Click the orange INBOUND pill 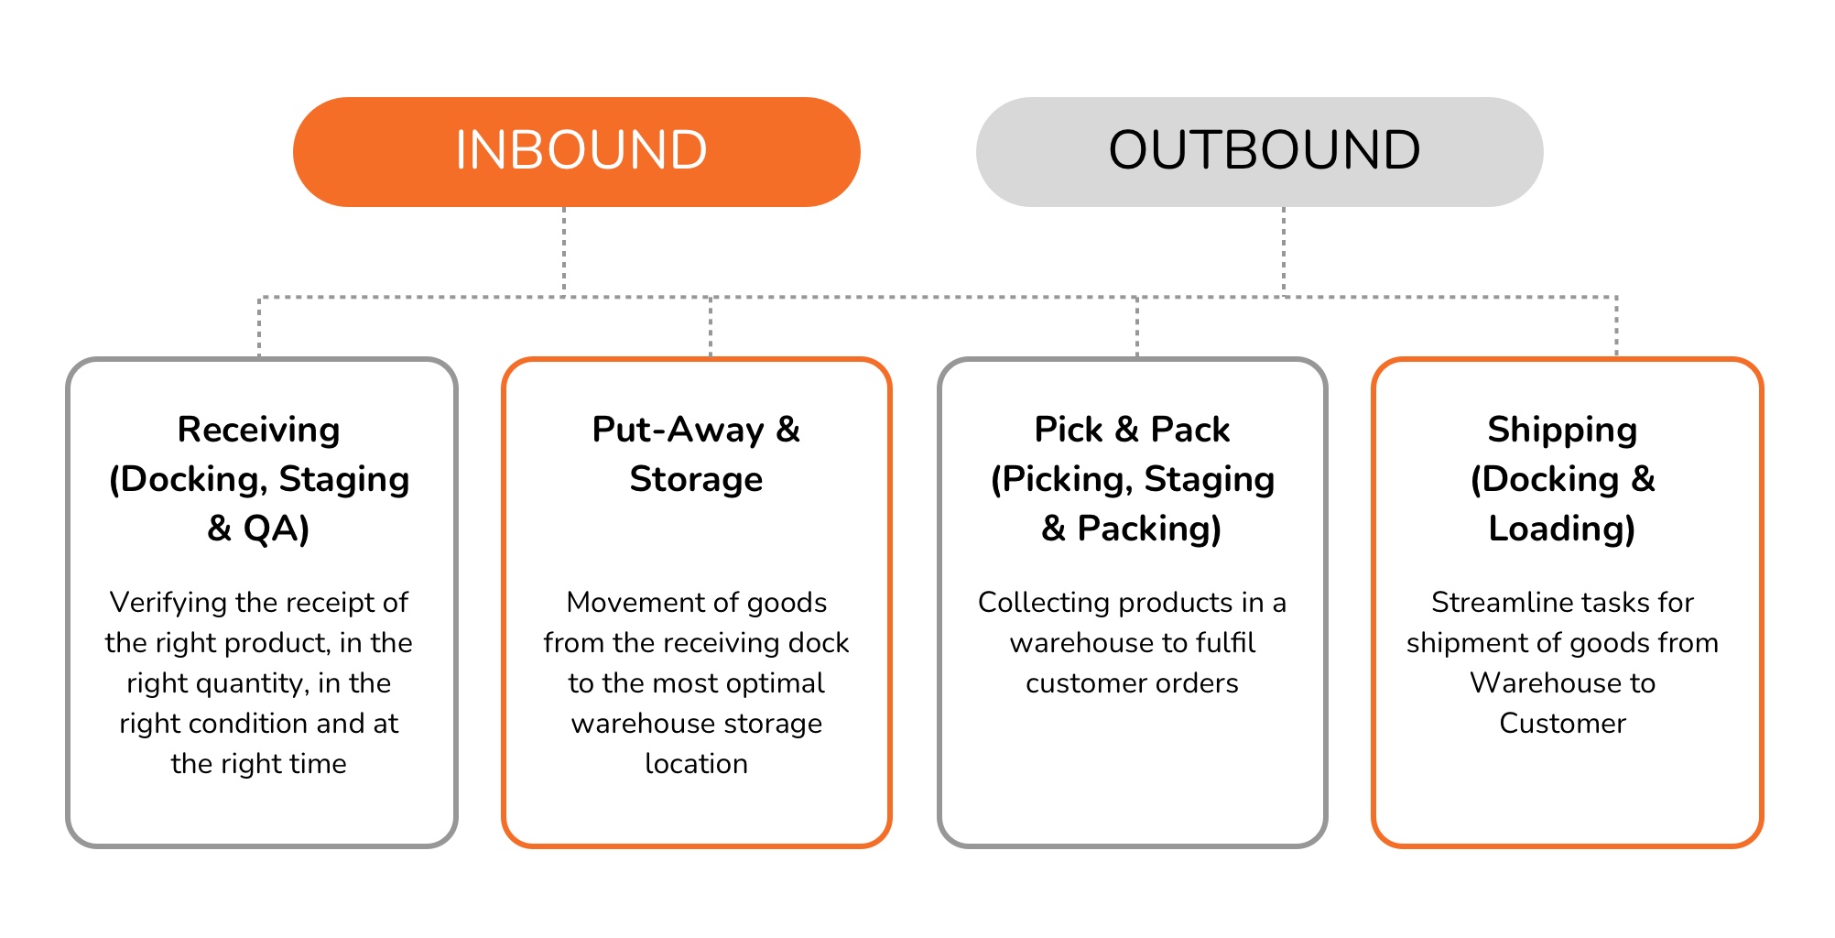[x=576, y=152]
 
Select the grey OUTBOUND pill [x=1259, y=152]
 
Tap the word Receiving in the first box [x=258, y=430]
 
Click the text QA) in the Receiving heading [x=276, y=529]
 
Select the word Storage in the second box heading [x=696, y=479]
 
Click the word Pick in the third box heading [x=1068, y=430]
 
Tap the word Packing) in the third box [x=1149, y=529]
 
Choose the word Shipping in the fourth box [x=1562, y=430]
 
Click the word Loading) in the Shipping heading [x=1562, y=529]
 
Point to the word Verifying [x=168, y=602]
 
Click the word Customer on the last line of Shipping [x=1562, y=723]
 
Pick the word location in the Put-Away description [x=696, y=763]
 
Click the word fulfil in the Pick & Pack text [x=1225, y=642]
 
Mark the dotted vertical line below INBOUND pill [x=564, y=251]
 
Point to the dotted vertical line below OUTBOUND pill [x=1284, y=251]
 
